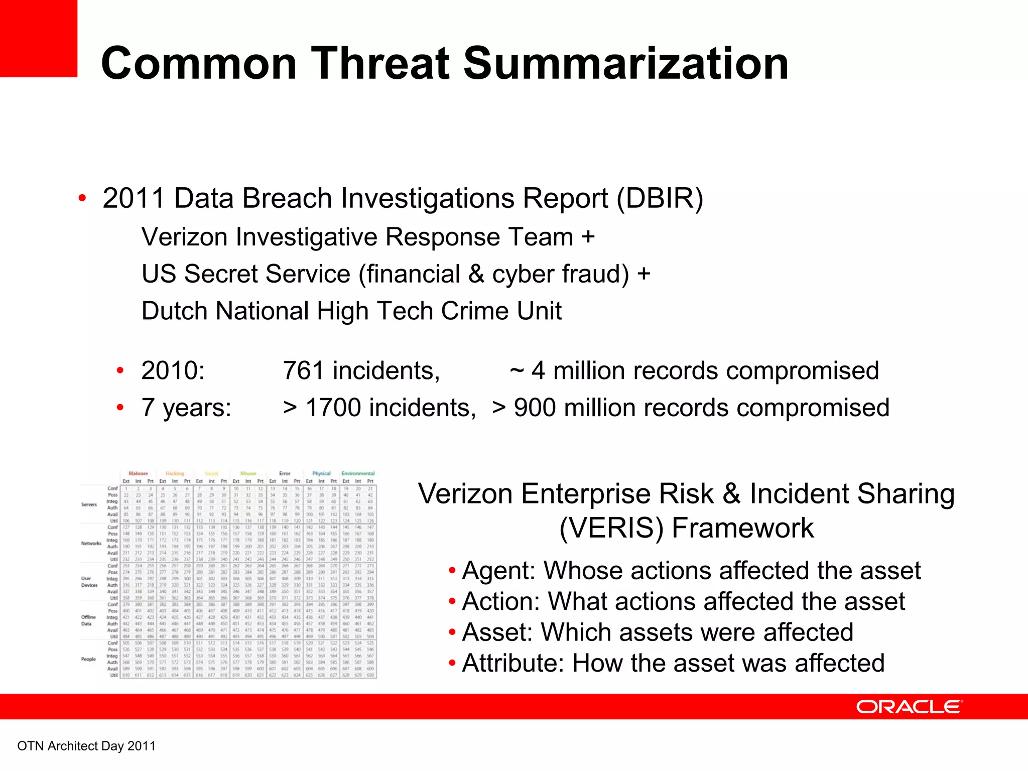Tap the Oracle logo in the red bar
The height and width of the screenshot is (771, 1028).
(909, 707)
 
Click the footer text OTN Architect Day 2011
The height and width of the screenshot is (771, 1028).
(86, 746)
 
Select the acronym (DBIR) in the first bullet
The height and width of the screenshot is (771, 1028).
(660, 198)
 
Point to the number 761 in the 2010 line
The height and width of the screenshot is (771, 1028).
(303, 371)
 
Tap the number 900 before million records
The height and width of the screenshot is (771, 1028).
(535, 408)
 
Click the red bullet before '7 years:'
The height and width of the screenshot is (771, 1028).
(120, 407)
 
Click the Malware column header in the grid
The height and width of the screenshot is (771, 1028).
(138, 473)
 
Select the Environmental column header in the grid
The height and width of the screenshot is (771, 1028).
(358, 473)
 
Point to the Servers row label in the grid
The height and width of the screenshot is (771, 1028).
(89, 504)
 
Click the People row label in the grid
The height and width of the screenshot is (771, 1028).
(88, 659)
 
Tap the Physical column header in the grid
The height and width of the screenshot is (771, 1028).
(321, 473)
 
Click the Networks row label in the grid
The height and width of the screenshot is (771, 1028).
(91, 543)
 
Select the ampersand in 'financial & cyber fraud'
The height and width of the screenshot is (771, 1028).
(476, 274)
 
